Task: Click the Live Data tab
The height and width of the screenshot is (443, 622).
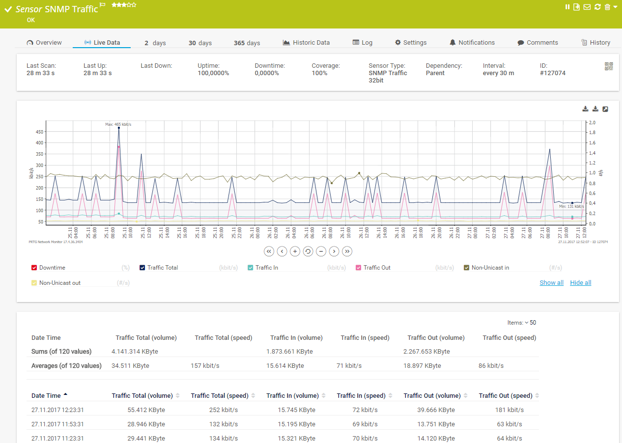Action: [x=102, y=43]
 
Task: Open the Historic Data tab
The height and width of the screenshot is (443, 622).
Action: [x=306, y=43]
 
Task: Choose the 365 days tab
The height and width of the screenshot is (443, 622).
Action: [x=247, y=43]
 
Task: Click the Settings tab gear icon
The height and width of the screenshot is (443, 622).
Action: [x=398, y=43]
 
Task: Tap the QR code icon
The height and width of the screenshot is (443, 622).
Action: [x=609, y=66]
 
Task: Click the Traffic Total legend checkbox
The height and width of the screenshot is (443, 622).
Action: [x=142, y=268]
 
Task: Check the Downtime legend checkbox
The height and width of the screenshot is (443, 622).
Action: [x=34, y=268]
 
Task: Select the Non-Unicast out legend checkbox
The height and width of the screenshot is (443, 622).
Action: [x=34, y=283]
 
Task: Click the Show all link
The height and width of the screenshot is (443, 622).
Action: [x=551, y=283]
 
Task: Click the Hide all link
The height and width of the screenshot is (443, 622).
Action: [x=580, y=283]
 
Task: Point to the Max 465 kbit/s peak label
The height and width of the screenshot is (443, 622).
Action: [x=118, y=124]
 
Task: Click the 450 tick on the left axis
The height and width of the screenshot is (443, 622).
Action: [x=39, y=132]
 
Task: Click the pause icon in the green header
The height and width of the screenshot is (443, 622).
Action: [x=567, y=7]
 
